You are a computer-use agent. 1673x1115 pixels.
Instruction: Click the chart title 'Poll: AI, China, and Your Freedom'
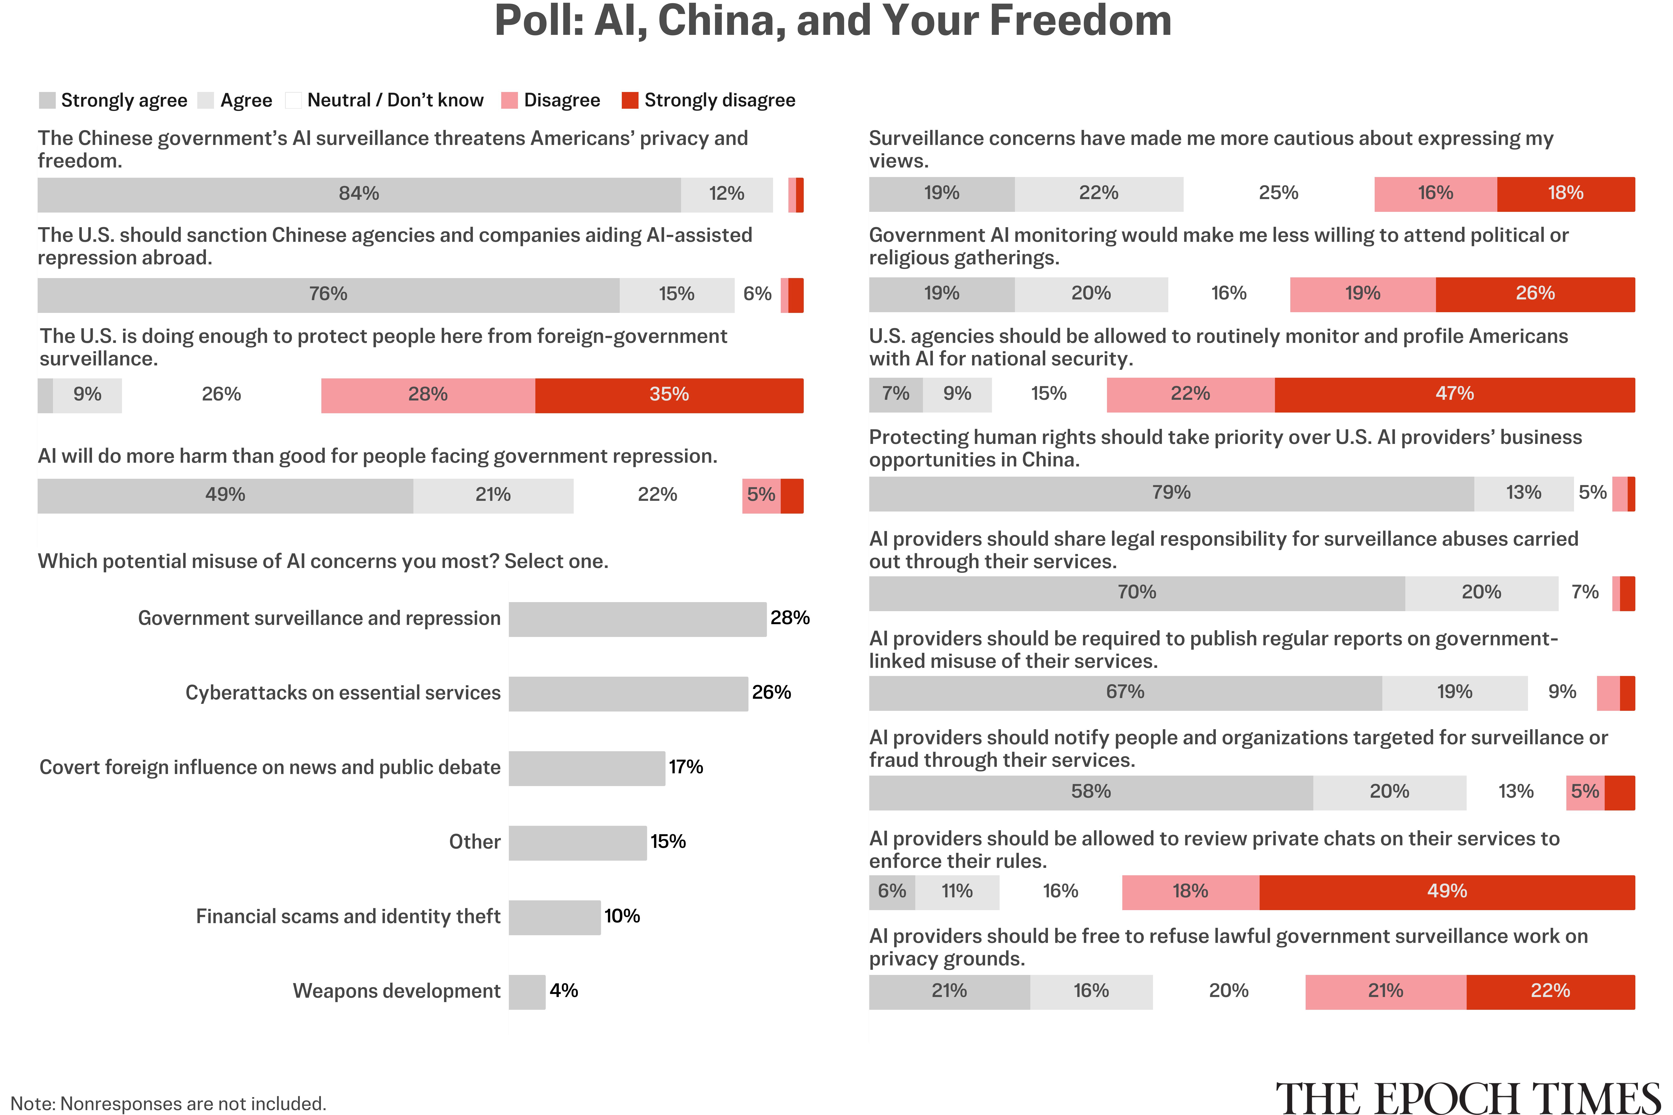[x=833, y=21]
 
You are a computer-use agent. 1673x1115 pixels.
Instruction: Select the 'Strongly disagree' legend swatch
[x=629, y=100]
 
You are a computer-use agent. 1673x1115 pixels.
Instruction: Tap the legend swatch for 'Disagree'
[x=509, y=100]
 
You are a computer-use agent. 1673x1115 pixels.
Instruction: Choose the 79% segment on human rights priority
[x=1172, y=493]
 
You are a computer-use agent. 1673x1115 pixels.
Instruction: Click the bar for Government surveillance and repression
[x=637, y=619]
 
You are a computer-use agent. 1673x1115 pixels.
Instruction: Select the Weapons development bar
[x=527, y=992]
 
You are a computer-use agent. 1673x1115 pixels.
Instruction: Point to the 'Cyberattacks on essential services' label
[x=343, y=693]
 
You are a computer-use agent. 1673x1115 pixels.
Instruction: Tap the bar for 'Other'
[x=578, y=843]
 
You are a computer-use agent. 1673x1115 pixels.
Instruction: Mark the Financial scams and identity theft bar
[x=555, y=917]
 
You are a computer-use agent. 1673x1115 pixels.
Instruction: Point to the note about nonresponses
[x=169, y=1103]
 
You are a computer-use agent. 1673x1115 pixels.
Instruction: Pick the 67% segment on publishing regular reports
[x=1125, y=693]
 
